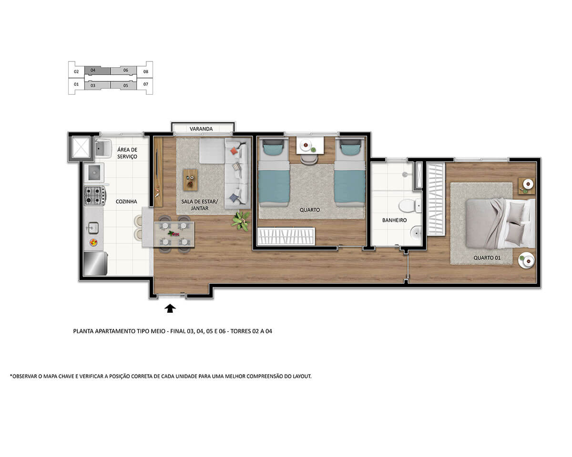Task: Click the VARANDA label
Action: pyautogui.click(x=201, y=129)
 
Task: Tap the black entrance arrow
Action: pyautogui.click(x=170, y=308)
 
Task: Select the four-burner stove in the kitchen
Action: pyautogui.click(x=94, y=196)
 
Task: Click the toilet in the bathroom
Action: pyautogui.click(x=409, y=206)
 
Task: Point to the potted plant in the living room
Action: pyautogui.click(x=241, y=221)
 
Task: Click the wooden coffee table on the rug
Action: pyautogui.click(x=190, y=180)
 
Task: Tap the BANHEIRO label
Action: pyautogui.click(x=394, y=220)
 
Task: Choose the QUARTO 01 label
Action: pyautogui.click(x=487, y=258)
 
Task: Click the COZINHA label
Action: pyautogui.click(x=126, y=201)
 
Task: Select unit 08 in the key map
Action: pyautogui.click(x=146, y=71)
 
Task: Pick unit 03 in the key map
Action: pyautogui.click(x=93, y=86)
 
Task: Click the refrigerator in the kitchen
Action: pyautogui.click(x=95, y=264)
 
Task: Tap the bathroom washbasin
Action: pyautogui.click(x=416, y=233)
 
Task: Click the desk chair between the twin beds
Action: pyautogui.click(x=309, y=158)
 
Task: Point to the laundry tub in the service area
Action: pyautogui.click(x=102, y=148)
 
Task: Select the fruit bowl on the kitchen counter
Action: pyautogui.click(x=93, y=242)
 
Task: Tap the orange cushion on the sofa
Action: pyautogui.click(x=234, y=151)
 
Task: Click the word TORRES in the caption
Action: pyautogui.click(x=241, y=331)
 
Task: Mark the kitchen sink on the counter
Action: pyautogui.click(x=93, y=228)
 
